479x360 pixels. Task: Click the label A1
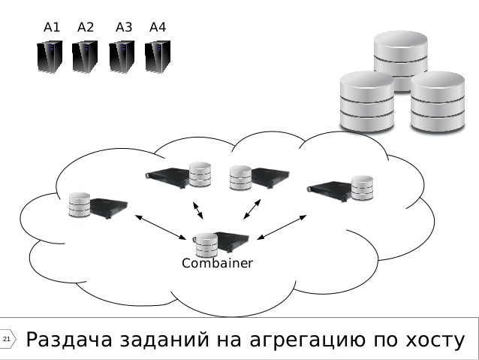52,28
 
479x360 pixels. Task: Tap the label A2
86,28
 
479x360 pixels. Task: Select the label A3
124,28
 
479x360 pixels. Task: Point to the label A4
158,28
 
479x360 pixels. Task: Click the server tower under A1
50,57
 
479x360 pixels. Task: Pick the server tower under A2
85,57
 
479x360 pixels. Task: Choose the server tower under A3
122,57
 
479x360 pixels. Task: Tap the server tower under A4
158,57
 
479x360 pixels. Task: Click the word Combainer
218,264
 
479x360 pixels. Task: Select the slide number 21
7,341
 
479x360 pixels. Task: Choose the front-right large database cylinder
438,101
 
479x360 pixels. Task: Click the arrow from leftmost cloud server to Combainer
160,227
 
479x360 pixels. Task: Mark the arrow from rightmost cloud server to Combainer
282,227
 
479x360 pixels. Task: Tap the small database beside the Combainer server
206,244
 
